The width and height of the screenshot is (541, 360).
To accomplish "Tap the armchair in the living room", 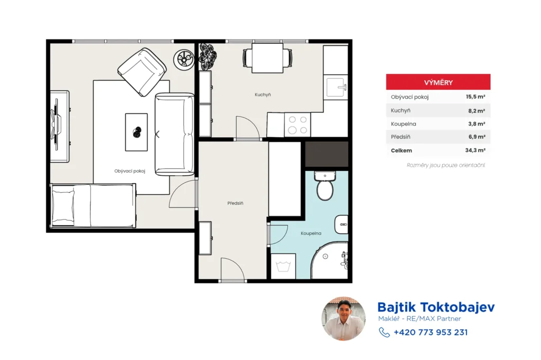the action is pyautogui.click(x=142, y=72).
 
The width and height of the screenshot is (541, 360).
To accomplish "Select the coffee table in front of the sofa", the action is pyautogui.click(x=136, y=132).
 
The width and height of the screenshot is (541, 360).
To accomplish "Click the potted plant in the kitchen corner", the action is pyautogui.click(x=208, y=56).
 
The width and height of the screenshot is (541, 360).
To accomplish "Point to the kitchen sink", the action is pyautogui.click(x=335, y=88).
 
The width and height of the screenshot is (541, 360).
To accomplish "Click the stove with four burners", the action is pyautogui.click(x=297, y=125).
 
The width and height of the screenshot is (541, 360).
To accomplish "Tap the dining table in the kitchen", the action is pyautogui.click(x=267, y=58).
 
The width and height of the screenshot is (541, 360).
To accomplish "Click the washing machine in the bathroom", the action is pyautogui.click(x=283, y=266).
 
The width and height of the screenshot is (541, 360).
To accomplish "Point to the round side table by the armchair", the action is pyautogui.click(x=184, y=60).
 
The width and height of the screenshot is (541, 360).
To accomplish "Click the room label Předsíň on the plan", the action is pyautogui.click(x=235, y=203).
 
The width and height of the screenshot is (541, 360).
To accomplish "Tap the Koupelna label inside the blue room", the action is pyautogui.click(x=311, y=233).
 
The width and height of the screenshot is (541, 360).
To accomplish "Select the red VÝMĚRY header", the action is pyautogui.click(x=438, y=82).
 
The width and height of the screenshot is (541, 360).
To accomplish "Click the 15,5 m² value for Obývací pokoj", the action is pyautogui.click(x=475, y=97).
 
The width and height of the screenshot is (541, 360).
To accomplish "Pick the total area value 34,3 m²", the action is pyautogui.click(x=475, y=150).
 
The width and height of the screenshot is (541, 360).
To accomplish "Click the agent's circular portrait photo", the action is pyautogui.click(x=343, y=319).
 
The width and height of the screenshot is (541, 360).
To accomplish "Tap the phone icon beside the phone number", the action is pyautogui.click(x=385, y=333).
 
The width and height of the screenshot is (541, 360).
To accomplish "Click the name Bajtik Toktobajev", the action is pyautogui.click(x=436, y=307).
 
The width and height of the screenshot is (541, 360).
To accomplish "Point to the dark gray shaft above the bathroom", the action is pyautogui.click(x=327, y=154).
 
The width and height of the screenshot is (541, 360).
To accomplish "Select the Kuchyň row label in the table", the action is pyautogui.click(x=400, y=110).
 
